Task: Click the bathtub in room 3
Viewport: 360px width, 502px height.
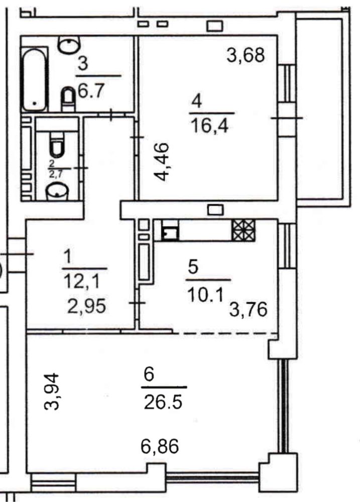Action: click(35, 79)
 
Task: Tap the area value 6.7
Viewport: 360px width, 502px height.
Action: click(91, 90)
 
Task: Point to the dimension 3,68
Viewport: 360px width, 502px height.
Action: click(246, 55)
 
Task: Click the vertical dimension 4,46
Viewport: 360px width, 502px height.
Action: click(161, 162)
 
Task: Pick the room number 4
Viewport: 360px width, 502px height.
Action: click(196, 101)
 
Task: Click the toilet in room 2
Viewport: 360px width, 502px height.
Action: click(57, 146)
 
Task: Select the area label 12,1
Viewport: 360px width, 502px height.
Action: click(82, 282)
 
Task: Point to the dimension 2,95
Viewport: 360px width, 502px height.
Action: click(86, 306)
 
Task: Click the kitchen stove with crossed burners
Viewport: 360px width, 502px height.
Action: click(244, 230)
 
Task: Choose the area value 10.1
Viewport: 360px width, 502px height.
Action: click(205, 294)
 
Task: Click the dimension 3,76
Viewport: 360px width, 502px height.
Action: click(248, 310)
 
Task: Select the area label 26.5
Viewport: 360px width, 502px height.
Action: click(163, 402)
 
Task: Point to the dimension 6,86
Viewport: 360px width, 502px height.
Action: click(160, 446)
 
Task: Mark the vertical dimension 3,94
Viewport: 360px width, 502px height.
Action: click(52, 391)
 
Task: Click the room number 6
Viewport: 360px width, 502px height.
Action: click(149, 374)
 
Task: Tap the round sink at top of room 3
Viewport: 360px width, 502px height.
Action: click(69, 44)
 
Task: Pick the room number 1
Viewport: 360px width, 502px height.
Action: click(68, 257)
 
